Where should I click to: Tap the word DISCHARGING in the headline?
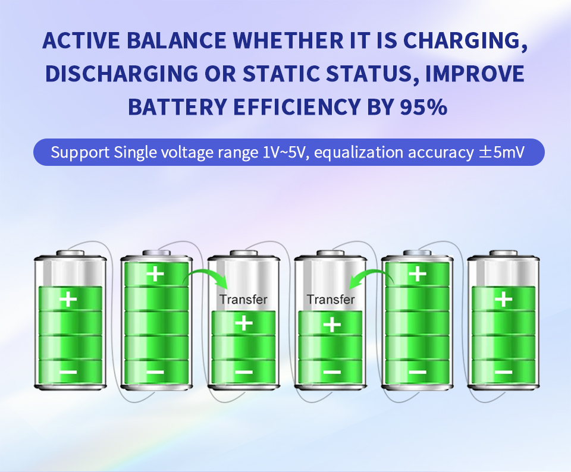click(x=121, y=74)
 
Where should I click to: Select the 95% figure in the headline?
click(x=423, y=107)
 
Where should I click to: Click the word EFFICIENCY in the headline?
click(x=297, y=107)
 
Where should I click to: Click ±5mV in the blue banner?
click(x=501, y=152)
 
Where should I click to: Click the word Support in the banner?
click(x=80, y=153)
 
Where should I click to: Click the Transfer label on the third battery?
click(x=243, y=300)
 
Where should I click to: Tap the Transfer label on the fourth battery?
click(x=331, y=300)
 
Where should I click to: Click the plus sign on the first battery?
click(x=68, y=299)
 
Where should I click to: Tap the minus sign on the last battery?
click(x=504, y=372)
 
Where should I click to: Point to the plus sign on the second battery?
click(x=155, y=273)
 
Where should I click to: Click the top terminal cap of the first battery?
click(x=70, y=253)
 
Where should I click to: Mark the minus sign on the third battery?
click(x=244, y=372)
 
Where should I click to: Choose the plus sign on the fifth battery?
click(x=418, y=273)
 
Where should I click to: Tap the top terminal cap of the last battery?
click(x=504, y=253)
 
